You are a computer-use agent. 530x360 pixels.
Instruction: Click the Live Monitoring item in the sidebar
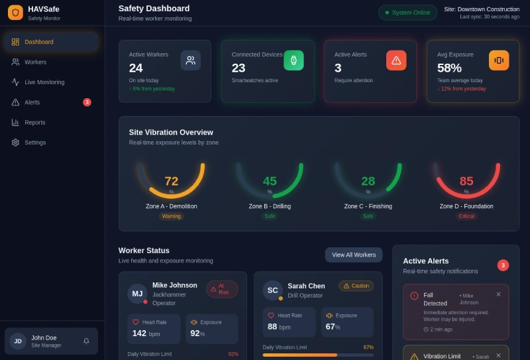(x=44, y=82)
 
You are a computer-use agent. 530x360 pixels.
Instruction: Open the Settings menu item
(x=35, y=143)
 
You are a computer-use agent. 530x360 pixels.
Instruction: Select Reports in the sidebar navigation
(x=35, y=123)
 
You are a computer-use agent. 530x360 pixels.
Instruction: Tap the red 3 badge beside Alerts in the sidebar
(x=87, y=102)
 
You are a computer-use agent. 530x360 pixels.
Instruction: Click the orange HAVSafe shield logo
(x=15, y=13)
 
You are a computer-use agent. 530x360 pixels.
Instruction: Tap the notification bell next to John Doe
(x=86, y=341)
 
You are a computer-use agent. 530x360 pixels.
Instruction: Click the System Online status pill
(x=407, y=13)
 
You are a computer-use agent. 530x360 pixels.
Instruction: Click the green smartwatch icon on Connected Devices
(x=293, y=60)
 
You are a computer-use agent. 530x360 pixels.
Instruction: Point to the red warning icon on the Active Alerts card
(x=396, y=60)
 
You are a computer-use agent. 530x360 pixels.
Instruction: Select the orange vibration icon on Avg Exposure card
(x=499, y=60)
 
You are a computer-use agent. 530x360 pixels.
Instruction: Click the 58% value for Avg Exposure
(x=449, y=68)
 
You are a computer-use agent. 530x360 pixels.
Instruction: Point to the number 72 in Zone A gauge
(x=172, y=182)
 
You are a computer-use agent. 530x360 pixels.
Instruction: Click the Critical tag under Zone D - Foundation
(x=466, y=216)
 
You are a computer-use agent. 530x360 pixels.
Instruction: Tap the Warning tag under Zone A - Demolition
(x=172, y=216)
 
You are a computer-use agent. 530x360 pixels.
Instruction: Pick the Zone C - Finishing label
(x=368, y=206)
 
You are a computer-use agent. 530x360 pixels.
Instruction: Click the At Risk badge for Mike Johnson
(x=223, y=289)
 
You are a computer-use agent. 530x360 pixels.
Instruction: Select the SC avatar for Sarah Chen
(x=272, y=290)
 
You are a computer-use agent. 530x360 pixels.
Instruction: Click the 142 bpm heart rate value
(x=146, y=333)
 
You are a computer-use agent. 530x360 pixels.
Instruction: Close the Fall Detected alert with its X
(x=499, y=294)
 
